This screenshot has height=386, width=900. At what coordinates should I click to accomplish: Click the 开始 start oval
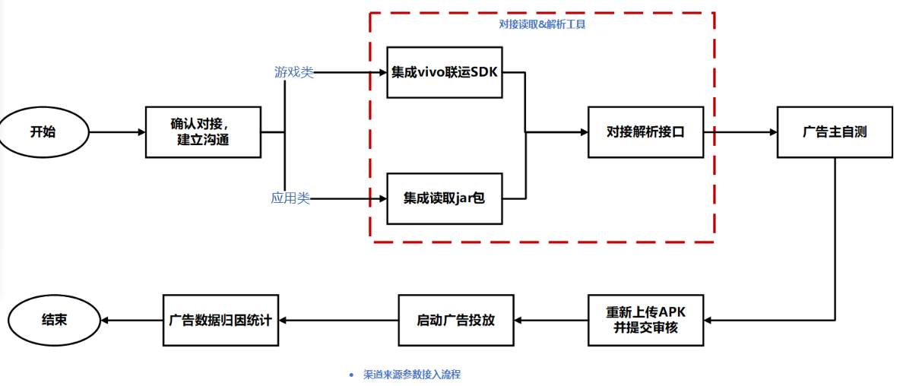tap(44, 131)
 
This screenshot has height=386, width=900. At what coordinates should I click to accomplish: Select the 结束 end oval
tap(54, 320)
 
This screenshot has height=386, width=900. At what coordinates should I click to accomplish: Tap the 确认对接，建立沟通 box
tap(203, 132)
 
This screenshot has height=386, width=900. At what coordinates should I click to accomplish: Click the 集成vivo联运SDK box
tap(445, 72)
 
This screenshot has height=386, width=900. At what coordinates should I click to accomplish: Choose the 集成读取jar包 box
tap(445, 199)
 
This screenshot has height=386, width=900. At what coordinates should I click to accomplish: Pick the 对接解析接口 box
tap(645, 131)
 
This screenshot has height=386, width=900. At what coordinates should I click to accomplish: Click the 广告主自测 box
tap(835, 131)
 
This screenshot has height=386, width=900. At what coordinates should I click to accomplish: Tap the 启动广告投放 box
tap(456, 320)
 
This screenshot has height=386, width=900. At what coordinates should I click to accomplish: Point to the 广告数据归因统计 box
tap(221, 320)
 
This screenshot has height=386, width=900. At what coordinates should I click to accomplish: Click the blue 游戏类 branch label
tap(293, 72)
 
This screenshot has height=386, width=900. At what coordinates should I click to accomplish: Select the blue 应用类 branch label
tap(290, 198)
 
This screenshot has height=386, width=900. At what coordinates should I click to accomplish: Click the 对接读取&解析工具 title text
tap(542, 24)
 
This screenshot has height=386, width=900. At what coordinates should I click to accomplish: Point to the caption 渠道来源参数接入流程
tap(412, 375)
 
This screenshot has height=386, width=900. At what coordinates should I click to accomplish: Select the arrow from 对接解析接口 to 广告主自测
tap(740, 132)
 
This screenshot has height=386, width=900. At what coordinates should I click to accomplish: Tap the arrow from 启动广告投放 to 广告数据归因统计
tap(338, 320)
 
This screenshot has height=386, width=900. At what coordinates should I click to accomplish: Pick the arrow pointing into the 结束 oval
tap(132, 320)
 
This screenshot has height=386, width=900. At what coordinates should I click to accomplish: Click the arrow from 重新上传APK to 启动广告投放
tap(551, 320)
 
